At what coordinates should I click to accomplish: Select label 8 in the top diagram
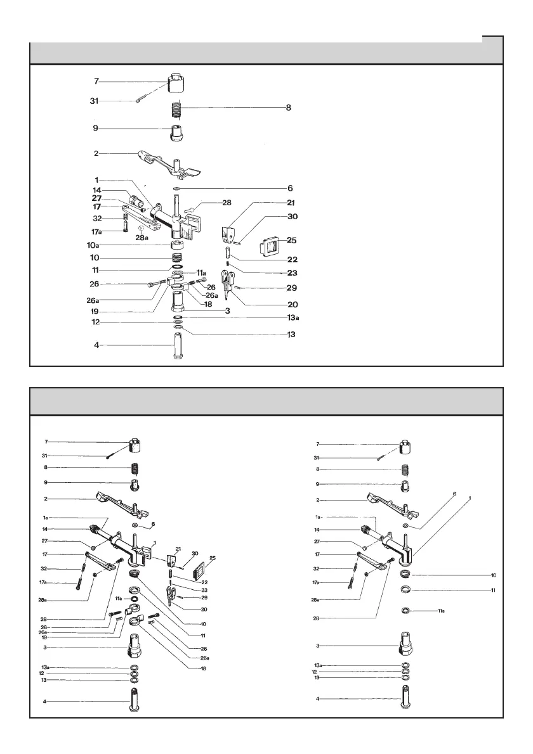tap(288, 108)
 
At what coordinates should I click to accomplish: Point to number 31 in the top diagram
tap(94, 101)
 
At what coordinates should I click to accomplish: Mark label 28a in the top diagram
tap(142, 238)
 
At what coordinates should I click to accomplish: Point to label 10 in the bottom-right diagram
tap(492, 575)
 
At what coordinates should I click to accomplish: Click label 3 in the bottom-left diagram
tap(46, 647)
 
